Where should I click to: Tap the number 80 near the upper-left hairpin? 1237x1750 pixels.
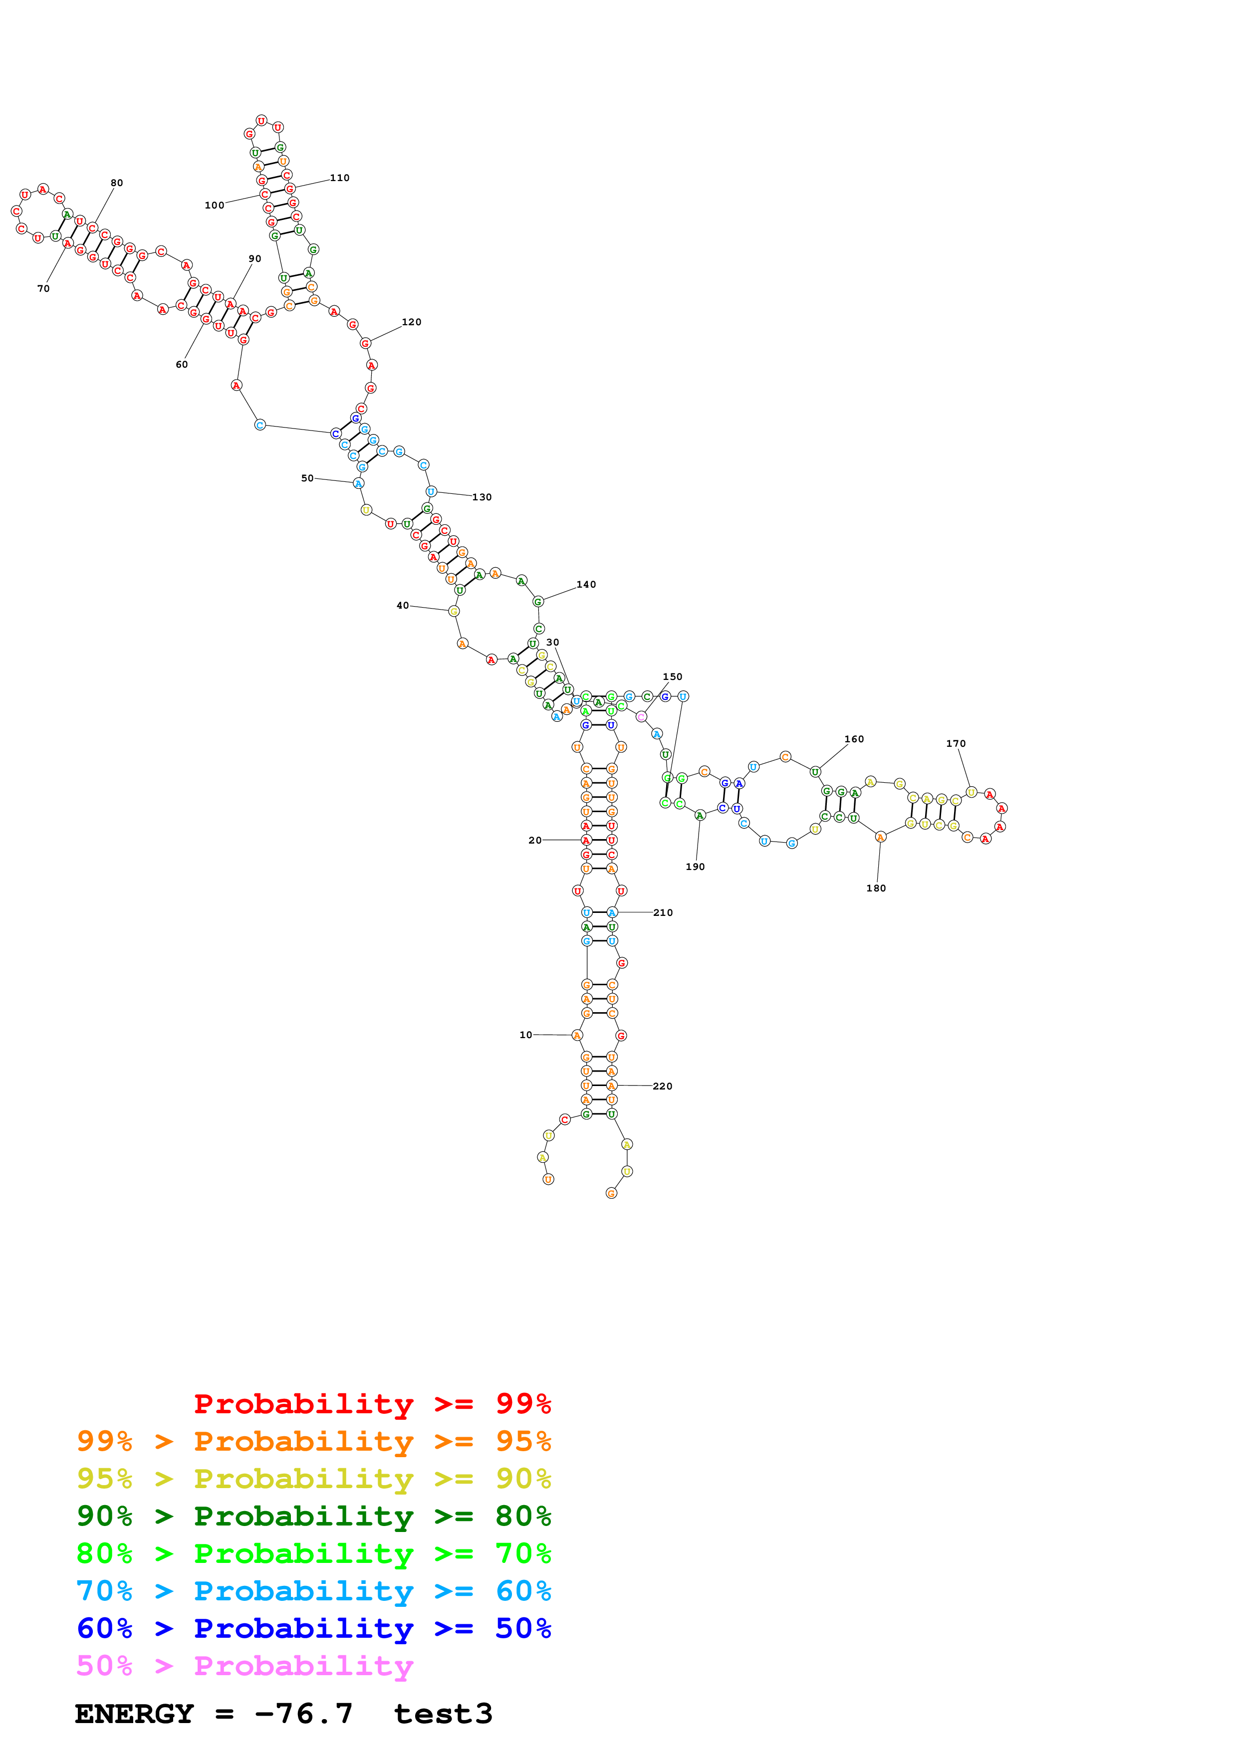(117, 183)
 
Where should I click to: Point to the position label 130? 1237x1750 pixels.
(482, 497)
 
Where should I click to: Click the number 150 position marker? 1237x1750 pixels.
(672, 677)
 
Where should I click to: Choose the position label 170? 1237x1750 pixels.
(956, 743)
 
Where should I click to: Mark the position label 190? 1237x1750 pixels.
(695, 867)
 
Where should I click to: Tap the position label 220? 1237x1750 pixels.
(662, 1086)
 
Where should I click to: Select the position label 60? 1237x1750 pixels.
(182, 364)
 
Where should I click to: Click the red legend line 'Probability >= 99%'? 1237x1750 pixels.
(372, 1404)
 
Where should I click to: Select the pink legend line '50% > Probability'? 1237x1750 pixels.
(244, 1666)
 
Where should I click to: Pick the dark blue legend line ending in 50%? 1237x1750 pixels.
(313, 1629)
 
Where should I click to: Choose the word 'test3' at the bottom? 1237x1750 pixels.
(443, 1714)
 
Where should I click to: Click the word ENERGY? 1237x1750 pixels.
(134, 1714)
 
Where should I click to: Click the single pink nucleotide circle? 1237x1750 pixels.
(641, 716)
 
